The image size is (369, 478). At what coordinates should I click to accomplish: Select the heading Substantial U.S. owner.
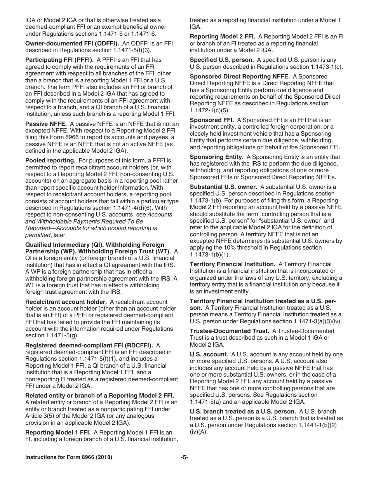pyautogui.click(x=223, y=187)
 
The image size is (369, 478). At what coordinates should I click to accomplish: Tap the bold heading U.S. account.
pyautogui.click(x=209, y=354)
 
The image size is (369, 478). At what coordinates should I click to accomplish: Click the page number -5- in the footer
pyautogui.click(x=184, y=457)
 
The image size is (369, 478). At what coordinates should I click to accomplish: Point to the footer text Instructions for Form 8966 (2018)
pyautogui.click(x=69, y=457)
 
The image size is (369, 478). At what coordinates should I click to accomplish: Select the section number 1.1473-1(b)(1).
pyautogui.click(x=210, y=255)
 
